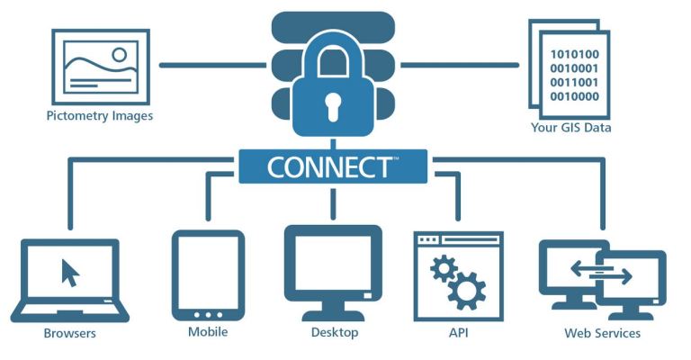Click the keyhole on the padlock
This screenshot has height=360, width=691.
[333, 106]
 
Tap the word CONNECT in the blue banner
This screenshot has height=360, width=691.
[328, 167]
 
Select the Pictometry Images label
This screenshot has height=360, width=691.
[100, 116]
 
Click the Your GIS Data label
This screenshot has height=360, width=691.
[570, 127]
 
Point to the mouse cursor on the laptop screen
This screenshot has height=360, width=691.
[70, 273]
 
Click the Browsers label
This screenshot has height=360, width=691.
[69, 333]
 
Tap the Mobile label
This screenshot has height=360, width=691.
[208, 331]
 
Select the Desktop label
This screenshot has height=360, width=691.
[335, 332]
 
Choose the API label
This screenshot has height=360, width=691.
[458, 332]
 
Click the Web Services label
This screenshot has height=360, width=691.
[602, 333]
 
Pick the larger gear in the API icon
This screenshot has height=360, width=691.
[467, 291]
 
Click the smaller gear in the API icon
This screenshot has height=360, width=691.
[444, 268]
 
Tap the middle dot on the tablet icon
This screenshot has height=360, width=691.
[208, 315]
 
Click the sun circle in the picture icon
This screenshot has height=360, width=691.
[119, 55]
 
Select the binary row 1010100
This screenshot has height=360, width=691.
[574, 54]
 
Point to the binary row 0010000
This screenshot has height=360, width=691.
[574, 96]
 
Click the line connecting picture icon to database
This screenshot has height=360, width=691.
[213, 65]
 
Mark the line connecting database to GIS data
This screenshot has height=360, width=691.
[460, 65]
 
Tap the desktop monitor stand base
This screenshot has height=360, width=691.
[333, 316]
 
